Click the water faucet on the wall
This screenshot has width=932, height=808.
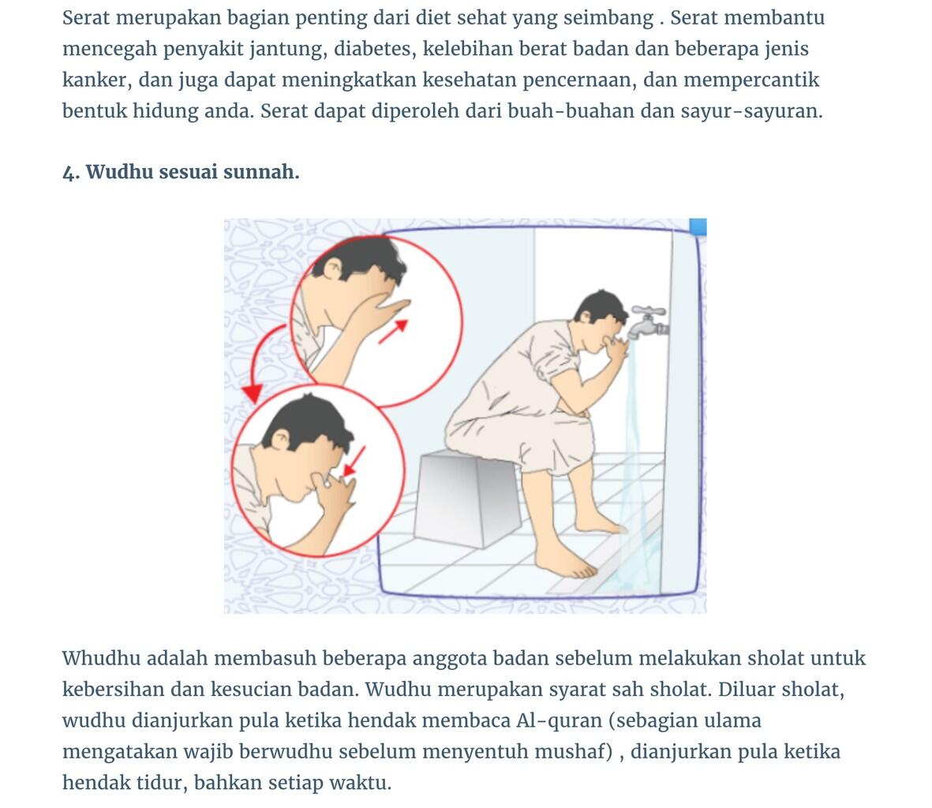tap(648, 321)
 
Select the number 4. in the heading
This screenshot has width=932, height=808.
tap(71, 172)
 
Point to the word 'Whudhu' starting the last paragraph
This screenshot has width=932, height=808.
tap(101, 658)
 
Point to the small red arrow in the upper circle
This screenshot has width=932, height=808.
tap(394, 331)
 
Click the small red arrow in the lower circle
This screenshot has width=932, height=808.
tap(354, 461)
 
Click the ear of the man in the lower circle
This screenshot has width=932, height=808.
tap(281, 440)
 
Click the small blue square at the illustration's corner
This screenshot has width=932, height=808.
tap(698, 226)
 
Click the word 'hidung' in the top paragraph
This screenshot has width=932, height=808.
tap(165, 110)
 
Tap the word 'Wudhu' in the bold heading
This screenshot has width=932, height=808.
tap(119, 172)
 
